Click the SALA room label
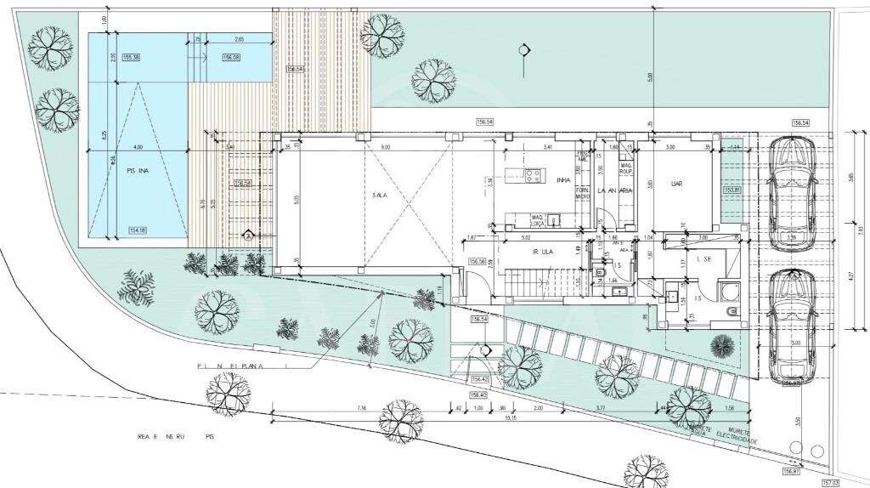coord(379,195)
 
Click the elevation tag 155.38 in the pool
coord(132,57)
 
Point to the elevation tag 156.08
coord(231,57)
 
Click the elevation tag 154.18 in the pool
coord(137,230)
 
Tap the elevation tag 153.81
coord(732,190)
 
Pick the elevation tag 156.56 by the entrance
coord(477,262)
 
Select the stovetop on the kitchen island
coord(534,177)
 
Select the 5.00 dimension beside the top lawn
coord(649,77)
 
